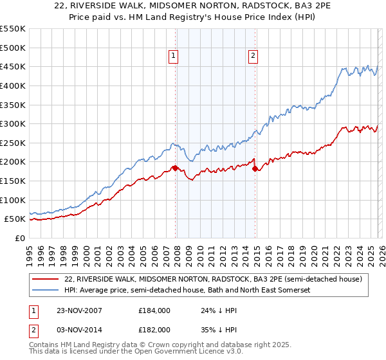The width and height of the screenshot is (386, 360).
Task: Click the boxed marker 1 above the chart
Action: (x=174, y=57)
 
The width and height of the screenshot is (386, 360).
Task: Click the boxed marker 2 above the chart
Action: (x=253, y=57)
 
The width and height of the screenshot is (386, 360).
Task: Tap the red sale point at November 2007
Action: (x=175, y=168)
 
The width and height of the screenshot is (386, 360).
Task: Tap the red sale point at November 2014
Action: (x=255, y=168)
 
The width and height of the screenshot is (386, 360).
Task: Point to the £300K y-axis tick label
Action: (x=13, y=123)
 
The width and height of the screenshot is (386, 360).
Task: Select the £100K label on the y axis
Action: (x=13, y=200)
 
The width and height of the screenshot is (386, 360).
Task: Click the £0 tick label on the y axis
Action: (x=20, y=239)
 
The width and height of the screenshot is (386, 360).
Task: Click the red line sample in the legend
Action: (x=46, y=279)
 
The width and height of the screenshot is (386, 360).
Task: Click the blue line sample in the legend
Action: (x=46, y=291)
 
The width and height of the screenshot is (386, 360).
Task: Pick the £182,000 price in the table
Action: (x=154, y=329)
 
